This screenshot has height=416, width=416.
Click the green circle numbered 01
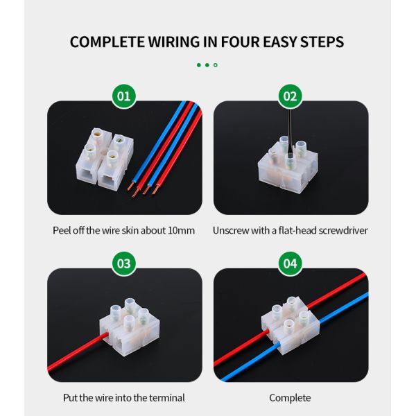click(124, 96)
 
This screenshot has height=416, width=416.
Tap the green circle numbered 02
click(291, 96)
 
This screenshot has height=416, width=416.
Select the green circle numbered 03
click(124, 263)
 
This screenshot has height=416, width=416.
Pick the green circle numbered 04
click(291, 263)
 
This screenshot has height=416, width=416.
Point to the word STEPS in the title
click(322, 42)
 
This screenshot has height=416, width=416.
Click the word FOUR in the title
click(240, 42)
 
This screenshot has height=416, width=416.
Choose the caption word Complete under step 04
click(290, 398)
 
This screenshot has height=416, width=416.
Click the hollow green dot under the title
click(216, 65)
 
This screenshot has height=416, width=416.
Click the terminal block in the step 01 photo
click(104, 157)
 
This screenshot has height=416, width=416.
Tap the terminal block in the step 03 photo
click(130, 327)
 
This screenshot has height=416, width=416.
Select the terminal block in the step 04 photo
click(291, 326)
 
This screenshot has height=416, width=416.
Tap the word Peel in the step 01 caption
click(62, 230)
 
